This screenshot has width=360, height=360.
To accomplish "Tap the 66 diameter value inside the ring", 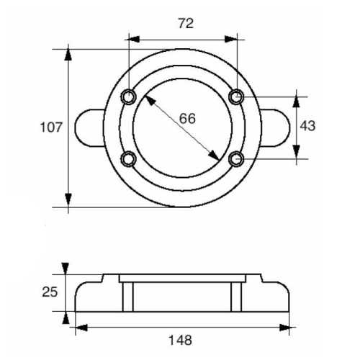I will coord(187,119).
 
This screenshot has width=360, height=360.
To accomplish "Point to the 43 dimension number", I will coord(307,126).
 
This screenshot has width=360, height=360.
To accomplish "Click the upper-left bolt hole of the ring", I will coord(129,96).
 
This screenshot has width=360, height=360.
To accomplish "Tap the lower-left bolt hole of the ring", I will coord(129,158).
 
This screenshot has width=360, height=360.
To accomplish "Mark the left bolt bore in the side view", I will coord(128,296).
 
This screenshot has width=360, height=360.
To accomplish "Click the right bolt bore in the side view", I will coord(236,296).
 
